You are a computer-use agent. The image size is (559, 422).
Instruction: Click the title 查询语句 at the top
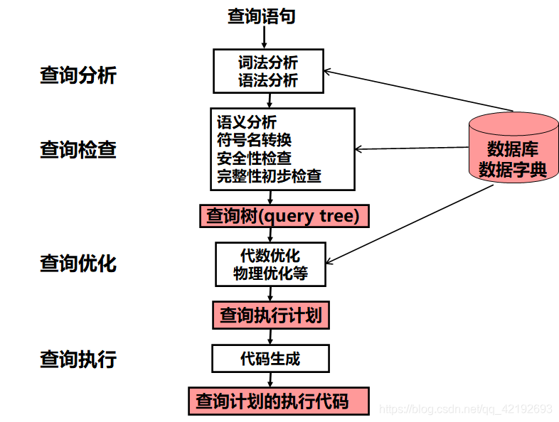(x=261, y=16)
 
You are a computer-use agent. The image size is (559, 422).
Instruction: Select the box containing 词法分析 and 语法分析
(x=268, y=71)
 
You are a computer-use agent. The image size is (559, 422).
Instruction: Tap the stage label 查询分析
(x=78, y=75)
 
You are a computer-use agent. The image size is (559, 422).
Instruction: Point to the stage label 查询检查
(x=78, y=150)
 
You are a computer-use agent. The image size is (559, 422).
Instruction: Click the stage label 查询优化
(x=78, y=264)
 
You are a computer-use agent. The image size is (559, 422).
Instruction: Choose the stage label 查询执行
(x=78, y=359)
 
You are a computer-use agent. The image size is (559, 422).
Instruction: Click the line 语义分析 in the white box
(x=247, y=122)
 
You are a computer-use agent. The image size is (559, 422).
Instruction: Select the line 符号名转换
(x=254, y=140)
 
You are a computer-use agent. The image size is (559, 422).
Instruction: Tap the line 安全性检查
(x=254, y=158)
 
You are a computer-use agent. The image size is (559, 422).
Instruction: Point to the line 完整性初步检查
(x=269, y=175)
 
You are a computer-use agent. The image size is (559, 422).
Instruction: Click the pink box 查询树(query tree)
(x=284, y=216)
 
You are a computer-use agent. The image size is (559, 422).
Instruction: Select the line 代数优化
(x=270, y=255)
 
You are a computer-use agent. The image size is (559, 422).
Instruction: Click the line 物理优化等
(x=270, y=273)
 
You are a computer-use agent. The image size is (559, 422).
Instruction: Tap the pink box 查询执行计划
(x=270, y=315)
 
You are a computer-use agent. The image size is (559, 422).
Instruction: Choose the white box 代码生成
(x=270, y=358)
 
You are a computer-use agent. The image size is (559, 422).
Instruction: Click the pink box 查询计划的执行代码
(x=278, y=401)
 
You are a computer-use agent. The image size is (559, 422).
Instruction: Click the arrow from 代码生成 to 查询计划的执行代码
(x=270, y=379)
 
